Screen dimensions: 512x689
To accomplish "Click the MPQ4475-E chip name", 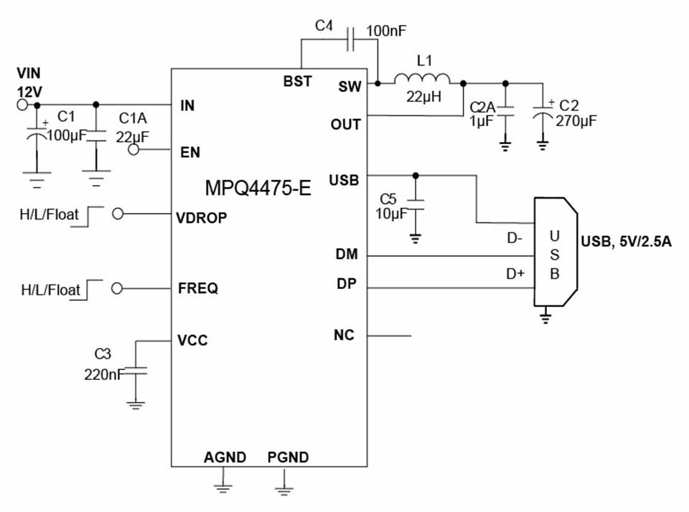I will click(258, 189).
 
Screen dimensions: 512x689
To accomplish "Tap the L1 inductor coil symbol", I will click(422, 79).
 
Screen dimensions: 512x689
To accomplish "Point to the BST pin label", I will click(297, 81).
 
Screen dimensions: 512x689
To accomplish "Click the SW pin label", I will click(350, 87).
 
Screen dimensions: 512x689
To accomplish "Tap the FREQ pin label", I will click(197, 289).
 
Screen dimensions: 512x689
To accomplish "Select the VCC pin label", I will click(192, 340).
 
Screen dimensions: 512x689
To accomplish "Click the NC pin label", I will click(344, 335).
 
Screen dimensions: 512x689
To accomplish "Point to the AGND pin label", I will click(225, 458).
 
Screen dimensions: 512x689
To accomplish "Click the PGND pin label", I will click(288, 458).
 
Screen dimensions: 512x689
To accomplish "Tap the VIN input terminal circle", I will click(22, 105).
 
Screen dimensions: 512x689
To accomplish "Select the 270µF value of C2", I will click(576, 120).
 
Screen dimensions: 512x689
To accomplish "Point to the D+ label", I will click(516, 273).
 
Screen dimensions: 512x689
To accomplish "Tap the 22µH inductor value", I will click(422, 98).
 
